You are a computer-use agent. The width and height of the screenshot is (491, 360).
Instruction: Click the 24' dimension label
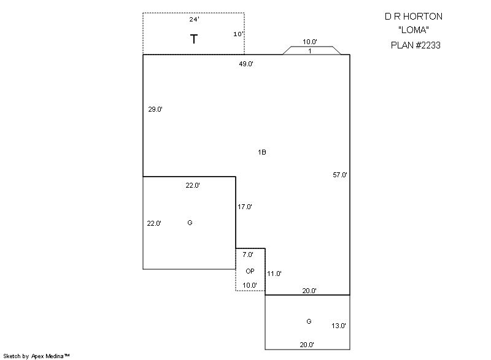click(194, 20)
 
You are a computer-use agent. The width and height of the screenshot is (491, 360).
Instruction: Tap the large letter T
click(194, 39)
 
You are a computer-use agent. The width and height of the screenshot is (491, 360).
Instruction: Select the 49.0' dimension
click(246, 64)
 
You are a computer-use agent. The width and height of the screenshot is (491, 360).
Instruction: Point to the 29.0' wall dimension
click(155, 109)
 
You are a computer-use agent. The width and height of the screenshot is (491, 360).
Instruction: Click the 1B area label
click(262, 152)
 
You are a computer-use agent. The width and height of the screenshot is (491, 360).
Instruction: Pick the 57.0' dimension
click(340, 175)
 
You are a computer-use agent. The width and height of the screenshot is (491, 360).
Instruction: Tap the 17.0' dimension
click(244, 207)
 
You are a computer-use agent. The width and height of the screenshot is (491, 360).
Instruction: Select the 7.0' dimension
click(248, 255)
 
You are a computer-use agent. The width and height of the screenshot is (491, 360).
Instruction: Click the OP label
click(250, 271)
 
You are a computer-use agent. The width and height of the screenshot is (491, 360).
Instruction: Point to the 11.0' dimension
click(274, 274)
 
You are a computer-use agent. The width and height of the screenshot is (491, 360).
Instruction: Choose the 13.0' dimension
click(339, 326)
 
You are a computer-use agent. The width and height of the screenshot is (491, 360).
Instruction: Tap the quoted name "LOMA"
click(414, 30)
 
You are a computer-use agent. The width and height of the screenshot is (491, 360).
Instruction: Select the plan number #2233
click(428, 45)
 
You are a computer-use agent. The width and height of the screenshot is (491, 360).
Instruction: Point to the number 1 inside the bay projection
click(310, 51)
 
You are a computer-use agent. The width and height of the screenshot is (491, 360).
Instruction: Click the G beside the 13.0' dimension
click(309, 321)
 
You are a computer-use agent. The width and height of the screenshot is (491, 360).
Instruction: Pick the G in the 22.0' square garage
click(190, 223)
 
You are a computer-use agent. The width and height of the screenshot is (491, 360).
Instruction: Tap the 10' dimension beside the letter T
click(239, 34)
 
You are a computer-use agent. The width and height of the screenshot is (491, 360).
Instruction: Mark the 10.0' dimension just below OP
click(250, 285)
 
